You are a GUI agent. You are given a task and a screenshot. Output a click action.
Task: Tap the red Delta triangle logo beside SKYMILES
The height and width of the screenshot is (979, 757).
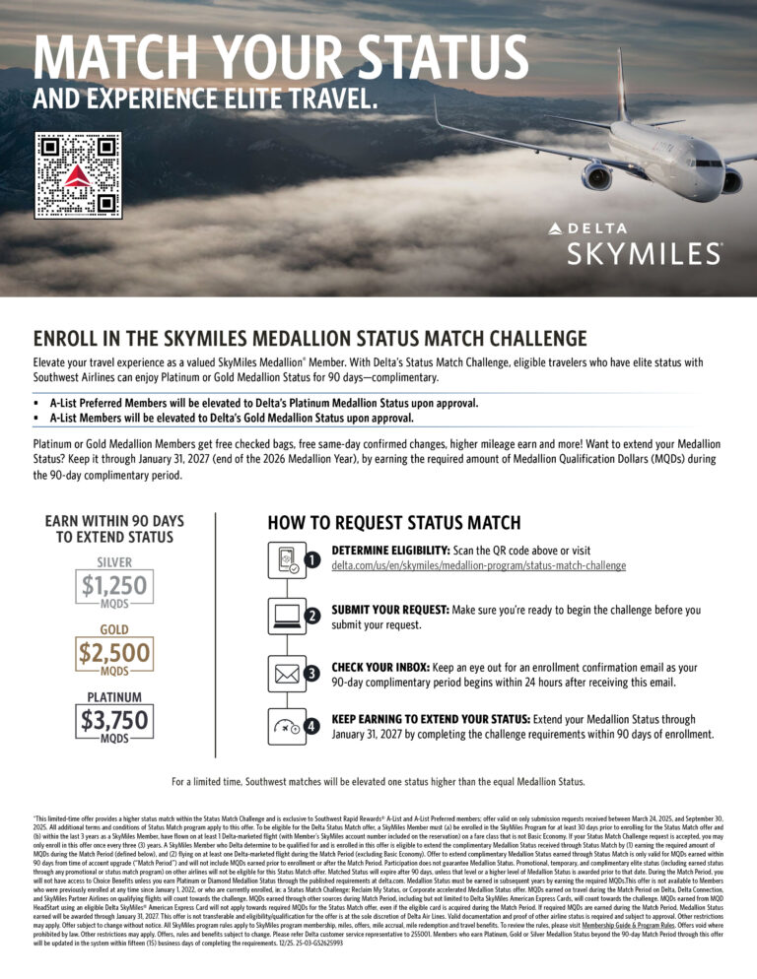[x=557, y=228]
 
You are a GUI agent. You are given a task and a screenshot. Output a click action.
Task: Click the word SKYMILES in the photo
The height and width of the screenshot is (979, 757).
[x=644, y=254]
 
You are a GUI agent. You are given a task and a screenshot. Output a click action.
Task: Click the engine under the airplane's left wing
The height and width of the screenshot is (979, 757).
[x=597, y=177]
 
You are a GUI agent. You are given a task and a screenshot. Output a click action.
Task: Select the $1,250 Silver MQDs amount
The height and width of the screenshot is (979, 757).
[x=114, y=587]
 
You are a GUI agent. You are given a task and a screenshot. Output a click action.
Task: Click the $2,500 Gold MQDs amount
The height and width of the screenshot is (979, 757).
[x=114, y=652]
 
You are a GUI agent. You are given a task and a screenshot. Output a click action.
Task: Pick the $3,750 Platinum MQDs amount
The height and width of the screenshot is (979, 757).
[x=114, y=717]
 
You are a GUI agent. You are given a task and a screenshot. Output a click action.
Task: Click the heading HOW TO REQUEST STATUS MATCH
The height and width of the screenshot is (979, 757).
[x=393, y=523]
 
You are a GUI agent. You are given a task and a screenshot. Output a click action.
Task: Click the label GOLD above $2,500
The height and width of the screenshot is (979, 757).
[x=114, y=628]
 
